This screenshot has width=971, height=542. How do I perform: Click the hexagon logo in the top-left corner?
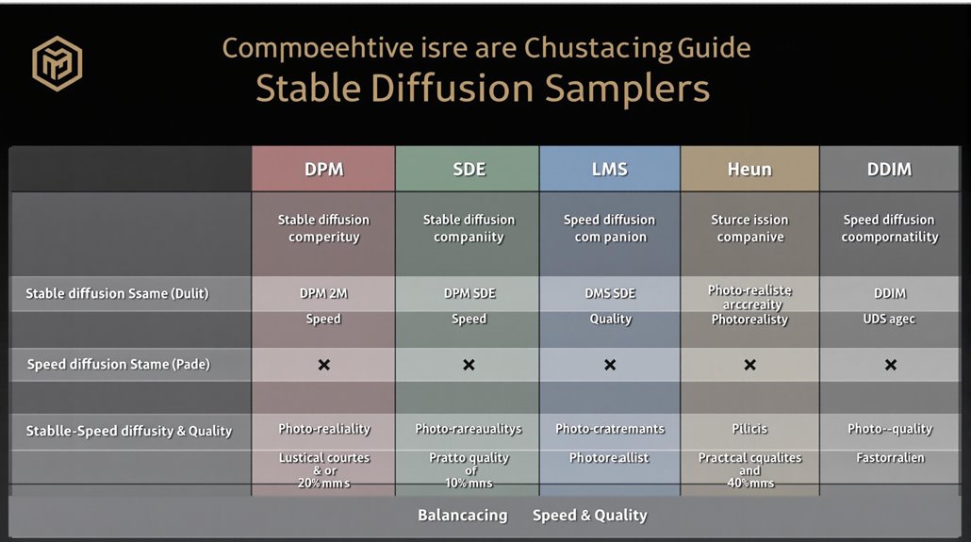[x=58, y=64]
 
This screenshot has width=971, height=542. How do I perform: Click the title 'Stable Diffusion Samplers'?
[x=482, y=89]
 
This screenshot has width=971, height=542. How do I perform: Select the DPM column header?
[x=323, y=170]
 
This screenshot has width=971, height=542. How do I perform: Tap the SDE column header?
[x=469, y=170]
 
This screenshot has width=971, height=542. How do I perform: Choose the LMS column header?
[x=610, y=170]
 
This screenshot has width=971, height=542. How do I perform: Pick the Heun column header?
[x=749, y=170]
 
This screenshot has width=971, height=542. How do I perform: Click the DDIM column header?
[x=889, y=170]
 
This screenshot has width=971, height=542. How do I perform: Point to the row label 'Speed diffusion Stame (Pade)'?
[x=118, y=364]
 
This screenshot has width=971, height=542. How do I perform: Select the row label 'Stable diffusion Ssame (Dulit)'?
[x=117, y=293]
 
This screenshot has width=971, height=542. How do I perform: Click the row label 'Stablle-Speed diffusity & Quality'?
[x=128, y=431]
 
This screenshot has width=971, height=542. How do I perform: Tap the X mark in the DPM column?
[x=323, y=365]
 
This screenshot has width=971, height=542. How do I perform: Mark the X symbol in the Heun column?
[x=749, y=365]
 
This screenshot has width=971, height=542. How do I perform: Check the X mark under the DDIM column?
[x=889, y=365]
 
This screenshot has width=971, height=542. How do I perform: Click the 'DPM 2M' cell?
[x=323, y=293]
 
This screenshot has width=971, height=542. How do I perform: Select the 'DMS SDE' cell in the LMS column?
[x=610, y=293]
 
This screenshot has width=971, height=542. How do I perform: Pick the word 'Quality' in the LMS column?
[x=610, y=319]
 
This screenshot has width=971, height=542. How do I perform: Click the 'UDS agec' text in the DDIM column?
[x=889, y=319]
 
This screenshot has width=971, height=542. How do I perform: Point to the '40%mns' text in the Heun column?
[x=749, y=483]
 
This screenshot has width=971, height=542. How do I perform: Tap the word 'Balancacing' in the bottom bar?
[x=462, y=516]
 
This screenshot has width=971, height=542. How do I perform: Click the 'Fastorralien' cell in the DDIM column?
[x=889, y=458]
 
